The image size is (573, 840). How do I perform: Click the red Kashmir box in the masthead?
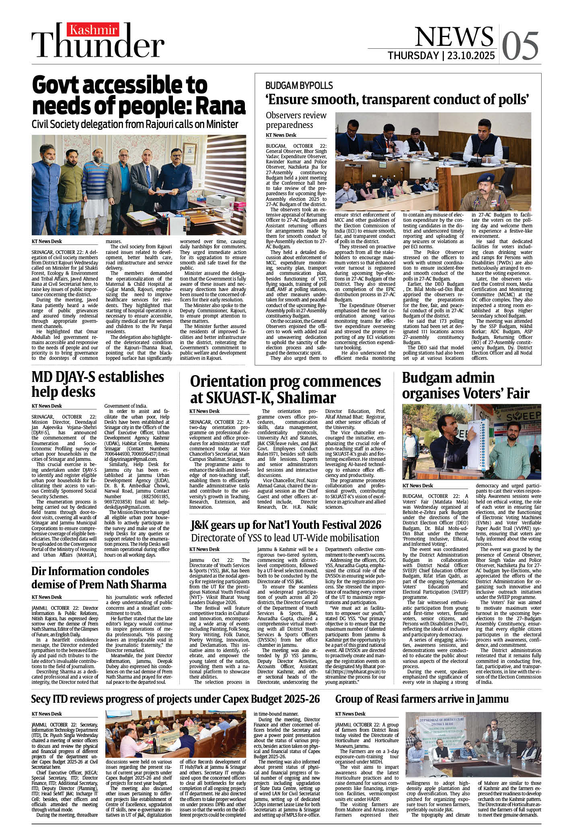click(94, 29)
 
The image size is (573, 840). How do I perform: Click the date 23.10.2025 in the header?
click(471, 56)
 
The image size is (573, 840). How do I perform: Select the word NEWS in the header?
click(454, 37)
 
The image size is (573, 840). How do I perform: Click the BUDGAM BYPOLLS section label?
click(299, 85)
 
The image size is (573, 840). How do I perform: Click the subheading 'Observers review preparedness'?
click(296, 120)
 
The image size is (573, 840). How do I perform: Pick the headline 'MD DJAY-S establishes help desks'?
click(98, 384)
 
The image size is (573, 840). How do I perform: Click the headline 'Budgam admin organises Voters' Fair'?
click(466, 385)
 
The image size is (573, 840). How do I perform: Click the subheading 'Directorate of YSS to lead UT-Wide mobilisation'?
click(285, 538)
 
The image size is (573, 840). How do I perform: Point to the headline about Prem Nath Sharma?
click(99, 578)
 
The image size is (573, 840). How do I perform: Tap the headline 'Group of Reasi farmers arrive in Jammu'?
click(422, 699)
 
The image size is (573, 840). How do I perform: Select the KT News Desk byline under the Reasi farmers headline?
click(350, 714)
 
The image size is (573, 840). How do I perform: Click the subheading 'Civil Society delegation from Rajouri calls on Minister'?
click(135, 124)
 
